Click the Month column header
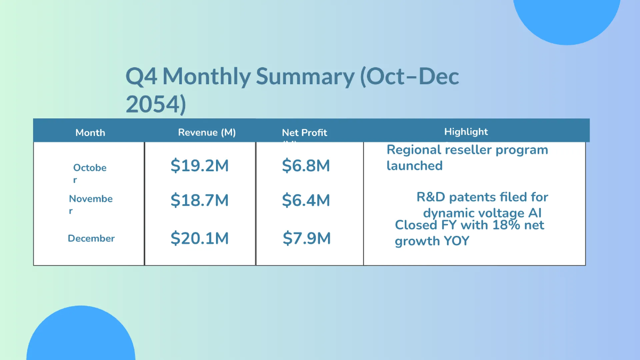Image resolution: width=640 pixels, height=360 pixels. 90,132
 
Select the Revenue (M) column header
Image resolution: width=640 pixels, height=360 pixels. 207,132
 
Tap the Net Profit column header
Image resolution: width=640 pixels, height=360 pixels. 305,133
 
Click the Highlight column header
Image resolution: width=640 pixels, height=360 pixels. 466,131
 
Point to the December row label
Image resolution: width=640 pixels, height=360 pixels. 91,238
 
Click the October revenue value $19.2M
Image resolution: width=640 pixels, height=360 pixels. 199,166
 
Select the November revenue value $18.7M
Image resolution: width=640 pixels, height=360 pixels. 199,200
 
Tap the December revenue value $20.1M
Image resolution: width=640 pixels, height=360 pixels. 199,238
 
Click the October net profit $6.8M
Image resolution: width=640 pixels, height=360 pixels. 306,166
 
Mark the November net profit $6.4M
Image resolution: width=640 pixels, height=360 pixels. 306,200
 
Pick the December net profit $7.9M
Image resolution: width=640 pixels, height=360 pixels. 307,238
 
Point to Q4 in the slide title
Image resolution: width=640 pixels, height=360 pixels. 141,77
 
